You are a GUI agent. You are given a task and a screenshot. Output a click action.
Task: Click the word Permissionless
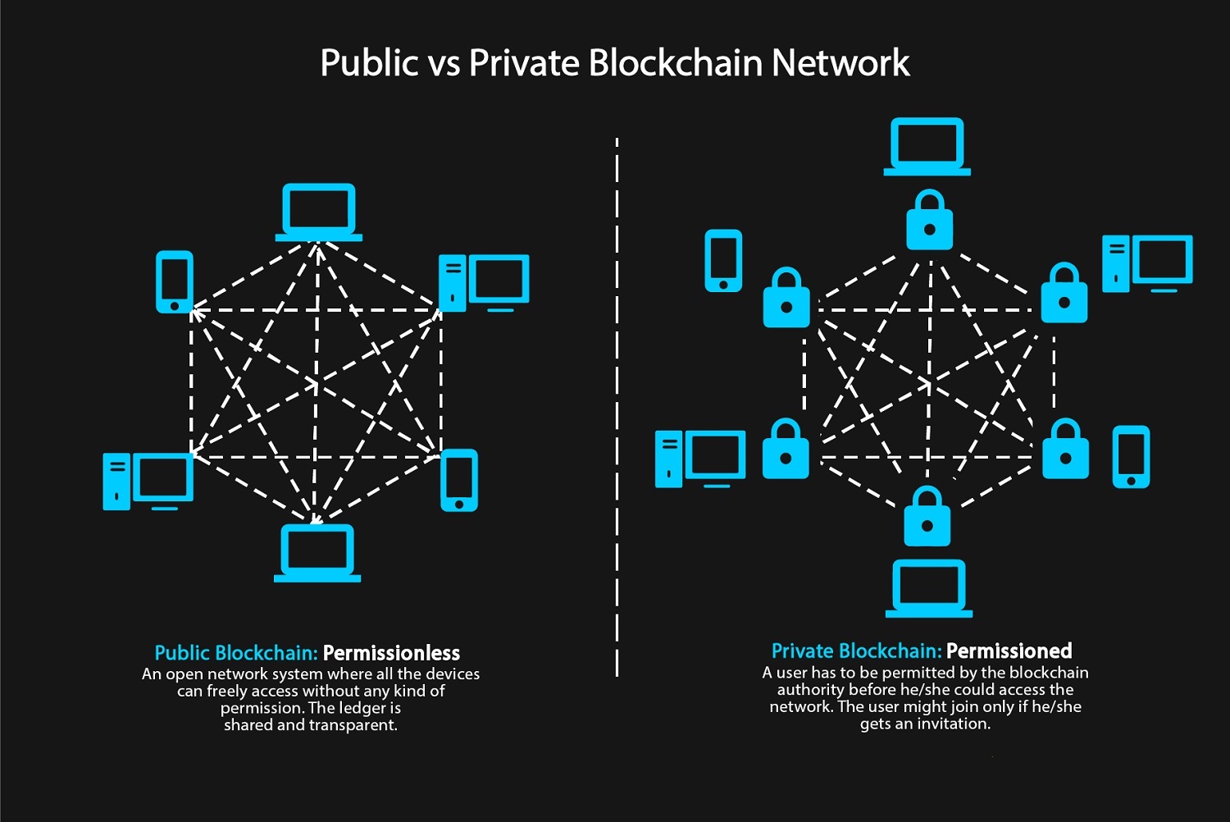pos(391,653)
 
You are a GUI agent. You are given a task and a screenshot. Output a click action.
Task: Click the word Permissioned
pos(1009,651)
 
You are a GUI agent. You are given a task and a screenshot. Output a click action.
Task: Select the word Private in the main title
pos(524,63)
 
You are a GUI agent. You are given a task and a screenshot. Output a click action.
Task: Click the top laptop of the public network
pos(319,212)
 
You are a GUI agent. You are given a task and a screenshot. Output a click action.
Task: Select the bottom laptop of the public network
pos(317,553)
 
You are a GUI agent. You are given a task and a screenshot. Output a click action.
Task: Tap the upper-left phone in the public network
pos(175,281)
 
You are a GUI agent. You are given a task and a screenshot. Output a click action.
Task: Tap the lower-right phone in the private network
pos(1131,457)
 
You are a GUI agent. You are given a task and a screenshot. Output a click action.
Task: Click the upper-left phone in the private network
pos(723,261)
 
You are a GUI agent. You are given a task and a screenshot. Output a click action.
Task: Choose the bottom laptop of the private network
pos(929,588)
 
